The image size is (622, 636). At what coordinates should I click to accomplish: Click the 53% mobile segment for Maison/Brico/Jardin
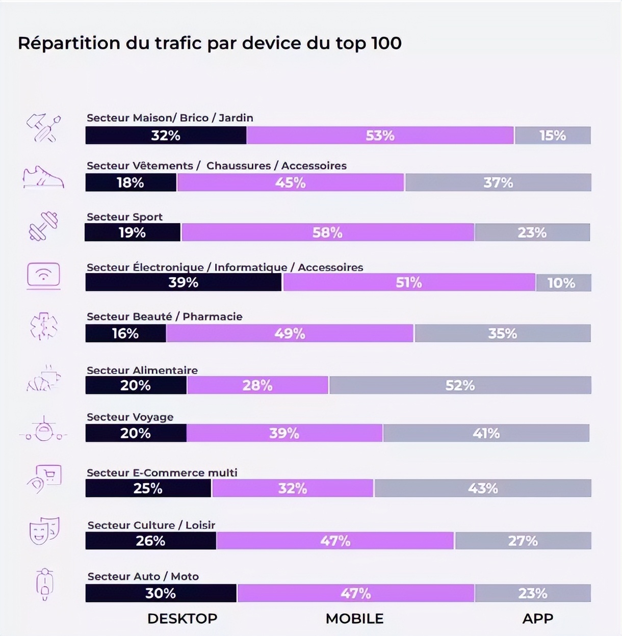point(380,136)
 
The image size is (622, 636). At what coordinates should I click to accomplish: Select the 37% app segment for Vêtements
point(498,182)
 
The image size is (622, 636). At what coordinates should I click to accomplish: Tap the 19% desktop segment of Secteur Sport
point(133,232)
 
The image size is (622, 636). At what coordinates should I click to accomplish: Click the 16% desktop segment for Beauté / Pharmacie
point(125,333)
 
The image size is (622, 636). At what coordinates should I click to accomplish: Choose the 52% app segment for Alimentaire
point(460,385)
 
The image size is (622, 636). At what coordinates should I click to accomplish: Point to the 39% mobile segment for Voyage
point(284,433)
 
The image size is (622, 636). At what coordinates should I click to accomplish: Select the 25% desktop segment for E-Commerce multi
point(148,488)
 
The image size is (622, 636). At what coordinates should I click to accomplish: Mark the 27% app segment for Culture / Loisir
point(523,541)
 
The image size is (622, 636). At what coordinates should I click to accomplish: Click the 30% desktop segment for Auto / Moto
point(161,593)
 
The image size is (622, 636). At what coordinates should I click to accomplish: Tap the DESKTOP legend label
point(182,618)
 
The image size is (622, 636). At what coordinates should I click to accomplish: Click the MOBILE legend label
point(354,618)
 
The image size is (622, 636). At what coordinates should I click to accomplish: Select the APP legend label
point(537,618)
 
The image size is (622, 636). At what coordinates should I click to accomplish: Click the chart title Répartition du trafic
point(210,43)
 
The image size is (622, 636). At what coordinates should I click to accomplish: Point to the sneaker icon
point(43,177)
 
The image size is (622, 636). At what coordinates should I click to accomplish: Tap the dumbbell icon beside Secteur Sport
point(43,226)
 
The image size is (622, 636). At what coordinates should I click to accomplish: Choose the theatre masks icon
point(44,531)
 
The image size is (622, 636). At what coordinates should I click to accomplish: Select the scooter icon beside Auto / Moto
point(45,584)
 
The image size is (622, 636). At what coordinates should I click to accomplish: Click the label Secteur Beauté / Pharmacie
point(164,316)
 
